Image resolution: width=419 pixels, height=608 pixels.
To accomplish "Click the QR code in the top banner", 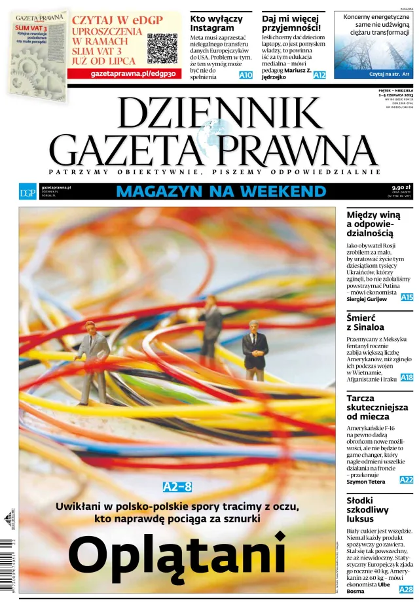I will point(162,48).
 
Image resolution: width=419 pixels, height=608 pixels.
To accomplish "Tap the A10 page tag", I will point(246,76).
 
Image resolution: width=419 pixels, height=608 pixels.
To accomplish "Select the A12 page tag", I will point(319,76).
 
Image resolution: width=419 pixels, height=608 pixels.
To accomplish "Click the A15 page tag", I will point(407,297).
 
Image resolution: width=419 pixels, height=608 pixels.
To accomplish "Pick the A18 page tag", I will point(407,378).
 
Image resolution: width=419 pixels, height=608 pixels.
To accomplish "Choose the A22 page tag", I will point(407,480).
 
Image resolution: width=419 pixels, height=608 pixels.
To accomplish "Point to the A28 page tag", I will point(407,590).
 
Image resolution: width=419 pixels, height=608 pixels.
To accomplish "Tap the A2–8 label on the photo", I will point(177,487).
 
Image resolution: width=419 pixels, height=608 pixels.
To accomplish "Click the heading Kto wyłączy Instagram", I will point(216,24).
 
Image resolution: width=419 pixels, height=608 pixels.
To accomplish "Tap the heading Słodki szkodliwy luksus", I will point(367,509).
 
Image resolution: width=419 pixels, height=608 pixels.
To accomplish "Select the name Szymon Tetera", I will point(365,482).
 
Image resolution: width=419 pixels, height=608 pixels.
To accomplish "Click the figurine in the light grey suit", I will point(93,361).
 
